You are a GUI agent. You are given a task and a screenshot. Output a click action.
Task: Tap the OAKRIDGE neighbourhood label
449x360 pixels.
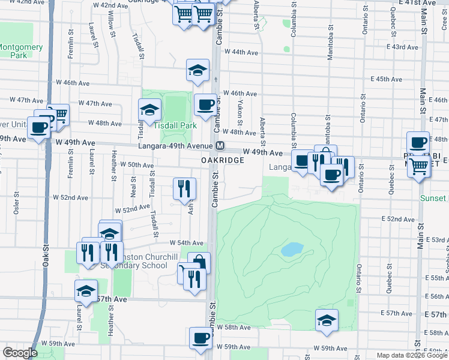[222, 160]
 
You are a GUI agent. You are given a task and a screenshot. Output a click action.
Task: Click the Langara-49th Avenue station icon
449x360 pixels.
[220, 146]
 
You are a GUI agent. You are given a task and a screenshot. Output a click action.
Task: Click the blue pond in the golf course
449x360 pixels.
[292, 249]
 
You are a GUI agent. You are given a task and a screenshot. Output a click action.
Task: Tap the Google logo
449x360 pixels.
[20, 353]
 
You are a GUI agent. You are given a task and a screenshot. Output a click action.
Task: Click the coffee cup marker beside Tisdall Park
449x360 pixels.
[205, 105]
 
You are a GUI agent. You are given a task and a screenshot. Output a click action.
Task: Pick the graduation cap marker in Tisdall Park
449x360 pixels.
[149, 110]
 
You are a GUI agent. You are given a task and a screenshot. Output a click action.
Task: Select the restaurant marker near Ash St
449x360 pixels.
[184, 188]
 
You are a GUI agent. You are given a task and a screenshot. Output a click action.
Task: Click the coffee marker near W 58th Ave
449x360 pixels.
[200, 338]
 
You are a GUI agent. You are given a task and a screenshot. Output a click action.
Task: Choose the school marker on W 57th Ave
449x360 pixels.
[86, 291]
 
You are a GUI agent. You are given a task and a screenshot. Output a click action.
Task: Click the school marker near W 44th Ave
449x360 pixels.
[197, 70]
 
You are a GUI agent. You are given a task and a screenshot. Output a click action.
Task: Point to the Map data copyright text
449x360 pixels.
[412, 355]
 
